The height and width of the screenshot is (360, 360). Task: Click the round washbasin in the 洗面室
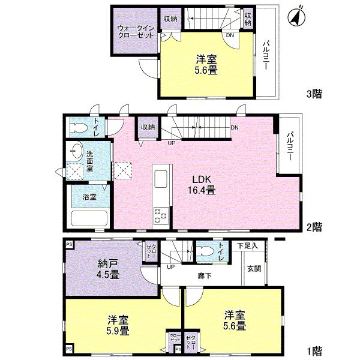pos(76,150)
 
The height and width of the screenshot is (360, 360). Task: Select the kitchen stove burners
pos(161,214)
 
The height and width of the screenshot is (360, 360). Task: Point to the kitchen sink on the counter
pos(161,179)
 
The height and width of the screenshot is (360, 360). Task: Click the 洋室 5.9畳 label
pos(118,325)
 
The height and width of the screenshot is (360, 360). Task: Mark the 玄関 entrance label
pos(253,268)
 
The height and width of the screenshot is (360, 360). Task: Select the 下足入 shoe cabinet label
pos(247,245)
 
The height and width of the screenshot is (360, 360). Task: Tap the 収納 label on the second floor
pos(148,127)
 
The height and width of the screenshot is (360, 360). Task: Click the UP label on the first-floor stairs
pos(171,266)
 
